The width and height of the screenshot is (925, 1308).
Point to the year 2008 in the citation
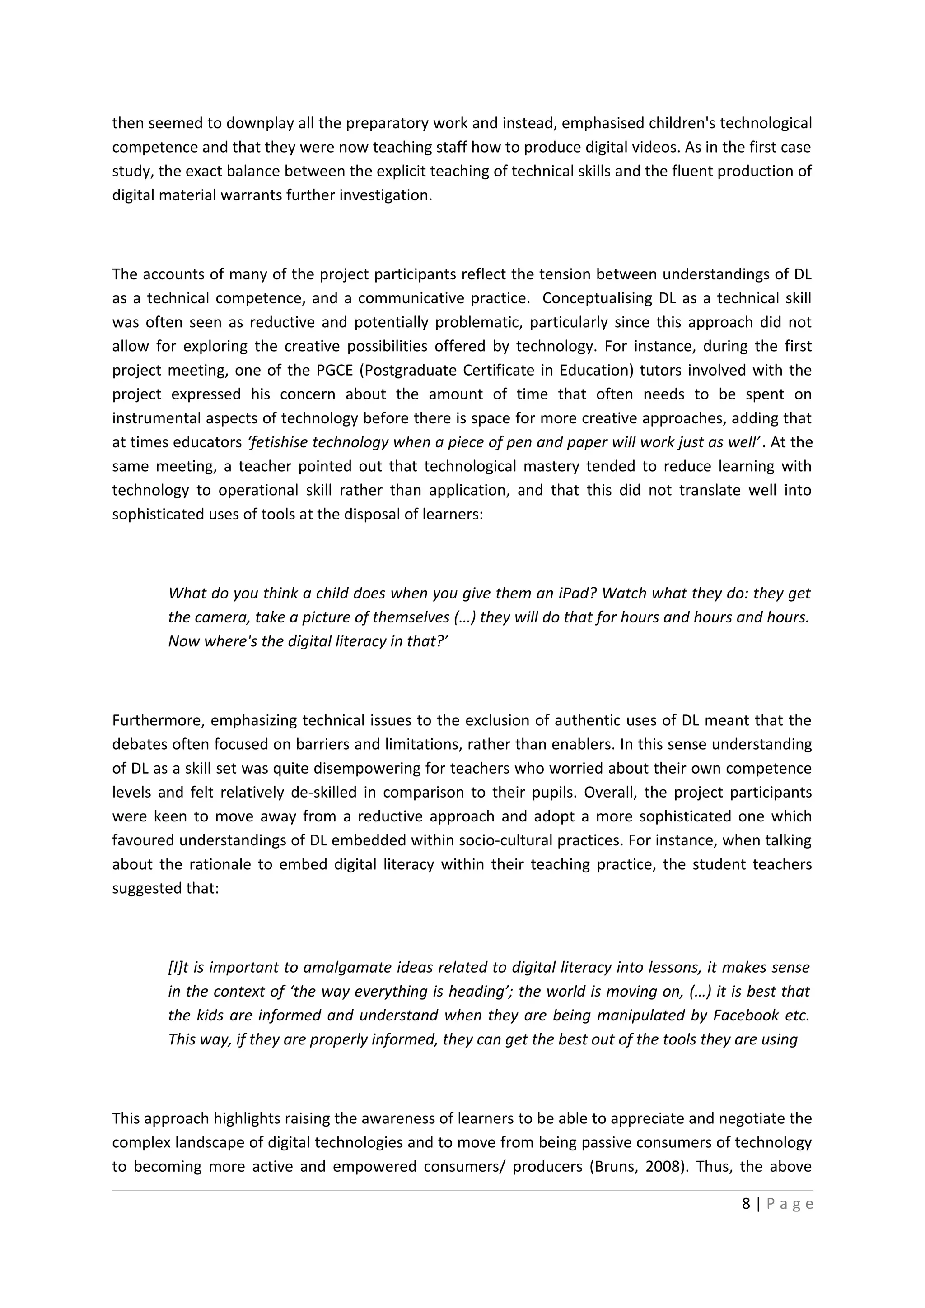click(664, 1167)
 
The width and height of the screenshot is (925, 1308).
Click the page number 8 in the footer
click(746, 1204)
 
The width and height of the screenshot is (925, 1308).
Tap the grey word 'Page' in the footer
click(790, 1204)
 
